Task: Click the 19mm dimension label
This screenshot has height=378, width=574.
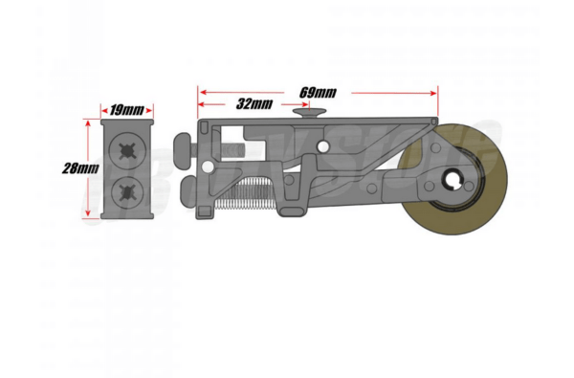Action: coord(126,110)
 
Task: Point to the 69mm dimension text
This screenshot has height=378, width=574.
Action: coord(318,92)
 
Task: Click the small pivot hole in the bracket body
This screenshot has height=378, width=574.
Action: coord(323,146)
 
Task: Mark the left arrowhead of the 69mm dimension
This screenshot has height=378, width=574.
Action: coord(202,93)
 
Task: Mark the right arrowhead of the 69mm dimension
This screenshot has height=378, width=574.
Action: coord(435,93)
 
